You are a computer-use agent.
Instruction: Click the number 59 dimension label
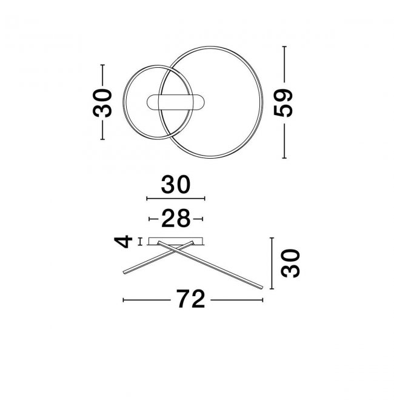click(282, 103)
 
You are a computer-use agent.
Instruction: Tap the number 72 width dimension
click(190, 299)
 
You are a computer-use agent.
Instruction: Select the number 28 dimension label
click(176, 218)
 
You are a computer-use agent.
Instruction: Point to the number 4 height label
click(123, 241)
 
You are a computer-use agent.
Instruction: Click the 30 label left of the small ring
click(102, 103)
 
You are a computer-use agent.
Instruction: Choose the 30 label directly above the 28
click(176, 185)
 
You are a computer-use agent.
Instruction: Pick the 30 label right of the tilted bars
click(290, 263)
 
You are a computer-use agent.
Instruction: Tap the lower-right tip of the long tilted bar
click(261, 287)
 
